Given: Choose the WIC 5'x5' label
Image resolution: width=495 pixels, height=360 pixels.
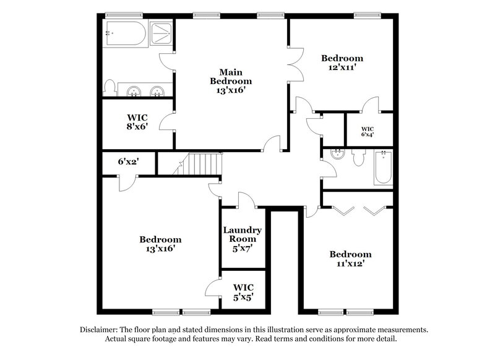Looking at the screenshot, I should click(x=243, y=293).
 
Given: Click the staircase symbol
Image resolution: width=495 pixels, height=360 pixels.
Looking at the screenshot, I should click(x=200, y=165).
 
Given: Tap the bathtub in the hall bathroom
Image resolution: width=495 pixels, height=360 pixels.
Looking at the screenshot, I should click(x=383, y=167).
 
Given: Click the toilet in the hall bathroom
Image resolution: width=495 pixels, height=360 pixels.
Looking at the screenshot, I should click(x=356, y=158).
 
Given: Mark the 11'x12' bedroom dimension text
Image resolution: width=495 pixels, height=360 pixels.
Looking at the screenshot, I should click(x=350, y=264).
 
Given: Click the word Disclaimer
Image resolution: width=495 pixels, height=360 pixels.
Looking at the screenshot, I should click(x=100, y=330).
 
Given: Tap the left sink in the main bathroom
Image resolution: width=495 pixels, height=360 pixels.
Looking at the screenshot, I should click(x=132, y=92).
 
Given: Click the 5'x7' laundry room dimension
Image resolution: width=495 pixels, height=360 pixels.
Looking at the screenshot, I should click(x=243, y=249).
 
